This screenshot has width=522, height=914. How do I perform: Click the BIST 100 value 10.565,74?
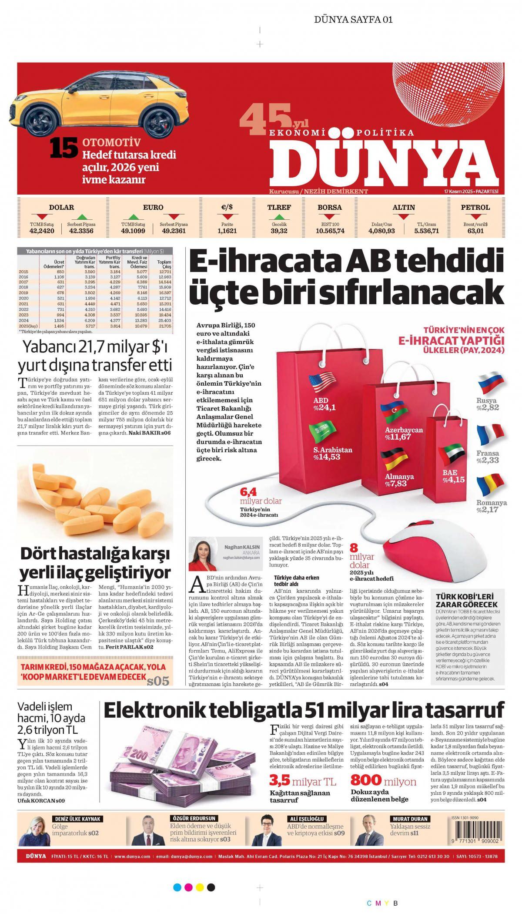[330, 231]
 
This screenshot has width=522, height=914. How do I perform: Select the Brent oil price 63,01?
[475, 231]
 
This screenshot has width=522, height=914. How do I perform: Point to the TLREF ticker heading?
[279, 208]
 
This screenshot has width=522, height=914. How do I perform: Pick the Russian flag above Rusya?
[490, 383]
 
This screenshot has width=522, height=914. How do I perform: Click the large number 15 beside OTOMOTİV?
[64, 148]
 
